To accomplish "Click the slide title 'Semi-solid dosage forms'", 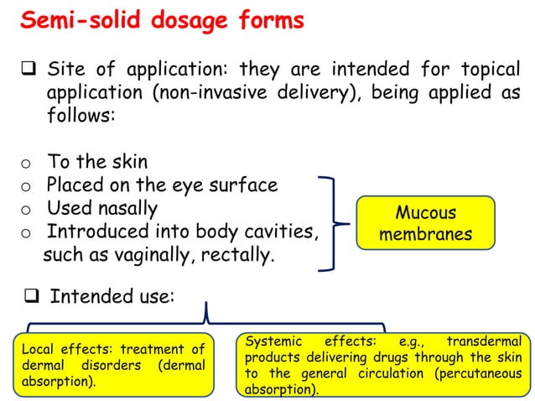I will click(x=162, y=21).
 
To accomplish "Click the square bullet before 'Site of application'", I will click(x=26, y=68).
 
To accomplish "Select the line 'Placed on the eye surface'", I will click(x=161, y=185).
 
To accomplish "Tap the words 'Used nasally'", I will click(x=101, y=207).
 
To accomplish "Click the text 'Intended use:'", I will click(x=112, y=296).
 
